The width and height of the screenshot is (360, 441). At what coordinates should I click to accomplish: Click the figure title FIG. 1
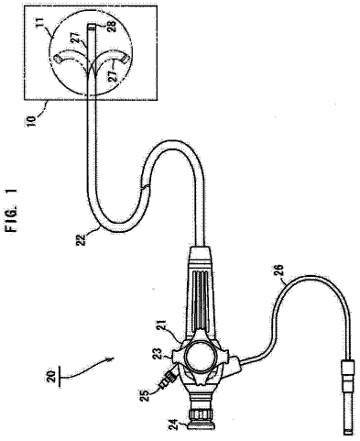14,210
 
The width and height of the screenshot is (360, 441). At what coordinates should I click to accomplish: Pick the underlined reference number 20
52,377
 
